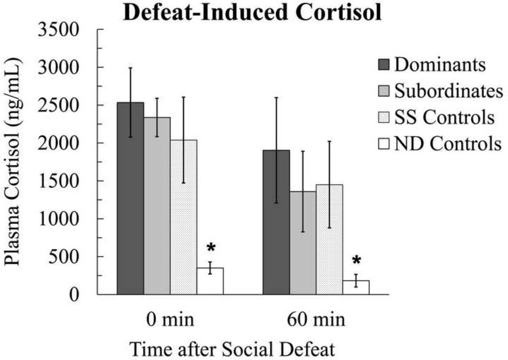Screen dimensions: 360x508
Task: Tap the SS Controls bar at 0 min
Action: tap(183, 217)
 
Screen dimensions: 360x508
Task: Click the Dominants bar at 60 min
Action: tap(276, 222)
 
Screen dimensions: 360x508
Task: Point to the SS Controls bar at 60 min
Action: tap(329, 240)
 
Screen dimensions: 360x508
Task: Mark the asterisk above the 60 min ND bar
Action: tap(356, 262)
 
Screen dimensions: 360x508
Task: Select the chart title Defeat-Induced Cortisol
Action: tap(252, 13)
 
